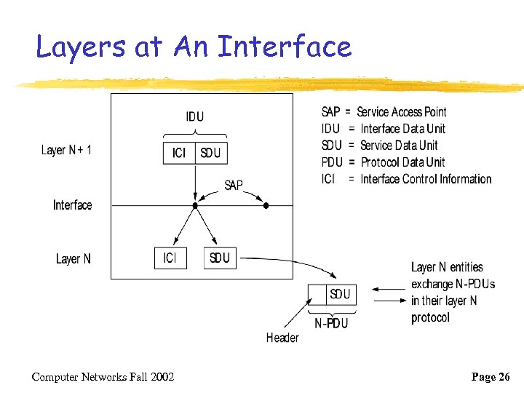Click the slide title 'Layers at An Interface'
[x=194, y=47]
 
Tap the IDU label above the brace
[x=195, y=116]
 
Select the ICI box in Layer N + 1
[x=179, y=153]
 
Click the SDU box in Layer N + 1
[x=210, y=153]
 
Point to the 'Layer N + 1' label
[x=66, y=151]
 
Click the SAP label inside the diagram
[x=234, y=186]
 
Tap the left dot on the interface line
[x=194, y=206]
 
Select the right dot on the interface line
[x=266, y=206]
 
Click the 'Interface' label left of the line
[x=73, y=205]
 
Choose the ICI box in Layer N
[x=170, y=258]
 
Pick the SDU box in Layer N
[x=220, y=258]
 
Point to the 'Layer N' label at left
[x=74, y=259]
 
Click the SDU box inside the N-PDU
[x=340, y=295]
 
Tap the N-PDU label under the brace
[x=331, y=324]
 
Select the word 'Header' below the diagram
[x=282, y=338]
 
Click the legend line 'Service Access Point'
[x=401, y=112]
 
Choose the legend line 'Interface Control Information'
[x=426, y=179]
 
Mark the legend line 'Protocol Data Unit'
[x=402, y=162]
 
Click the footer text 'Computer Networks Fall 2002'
[x=103, y=376]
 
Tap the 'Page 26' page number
[x=492, y=376]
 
